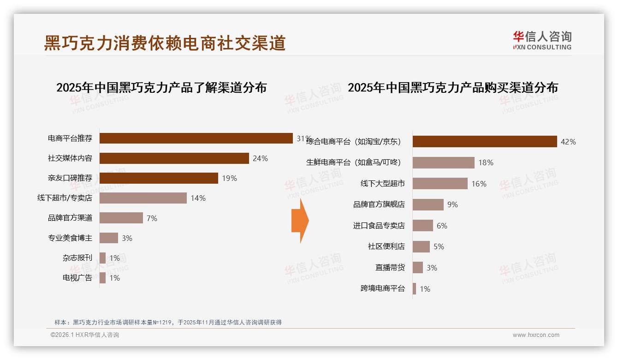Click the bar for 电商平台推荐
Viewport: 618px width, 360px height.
[196, 138]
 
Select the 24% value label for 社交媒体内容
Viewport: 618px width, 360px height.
[260, 158]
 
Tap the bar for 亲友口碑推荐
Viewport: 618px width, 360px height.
[159, 178]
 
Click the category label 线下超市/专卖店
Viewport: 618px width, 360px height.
[65, 198]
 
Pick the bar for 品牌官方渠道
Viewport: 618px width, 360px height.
[121, 218]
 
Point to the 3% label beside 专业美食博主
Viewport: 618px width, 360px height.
[127, 238]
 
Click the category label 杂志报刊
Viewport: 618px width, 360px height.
[77, 258]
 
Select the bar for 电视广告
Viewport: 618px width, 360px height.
[103, 278]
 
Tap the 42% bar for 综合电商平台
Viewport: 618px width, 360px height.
[485, 142]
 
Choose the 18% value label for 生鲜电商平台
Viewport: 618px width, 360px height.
[486, 162]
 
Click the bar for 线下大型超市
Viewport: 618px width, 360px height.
[440, 184]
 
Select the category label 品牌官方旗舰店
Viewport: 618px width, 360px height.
[379, 204]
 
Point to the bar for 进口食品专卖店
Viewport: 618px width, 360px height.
[423, 226]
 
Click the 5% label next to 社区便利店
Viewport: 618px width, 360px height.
[439, 247]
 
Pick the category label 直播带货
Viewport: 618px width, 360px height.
[390, 268]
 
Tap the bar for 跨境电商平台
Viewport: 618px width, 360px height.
[415, 289]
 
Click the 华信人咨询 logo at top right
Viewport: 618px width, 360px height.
[542, 41]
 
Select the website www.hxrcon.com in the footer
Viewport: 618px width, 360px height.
[536, 335]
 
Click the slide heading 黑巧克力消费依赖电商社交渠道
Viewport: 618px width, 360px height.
[165, 43]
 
